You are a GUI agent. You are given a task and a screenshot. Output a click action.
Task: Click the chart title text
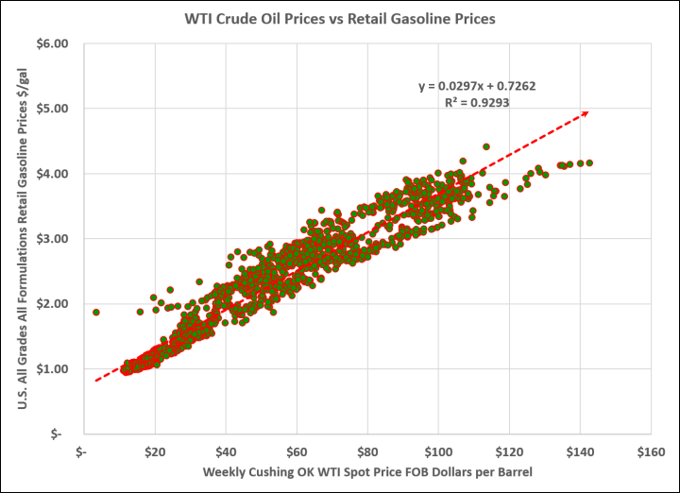(x=340, y=18)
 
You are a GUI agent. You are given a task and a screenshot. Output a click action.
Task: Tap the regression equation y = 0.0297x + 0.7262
(x=477, y=87)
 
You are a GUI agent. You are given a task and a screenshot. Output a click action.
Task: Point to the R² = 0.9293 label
(x=477, y=102)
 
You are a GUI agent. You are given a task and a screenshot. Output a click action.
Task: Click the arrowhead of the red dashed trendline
(x=586, y=112)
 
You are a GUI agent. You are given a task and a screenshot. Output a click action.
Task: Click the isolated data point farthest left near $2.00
(x=96, y=312)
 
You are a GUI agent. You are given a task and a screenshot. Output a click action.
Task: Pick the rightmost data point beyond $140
(x=590, y=162)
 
